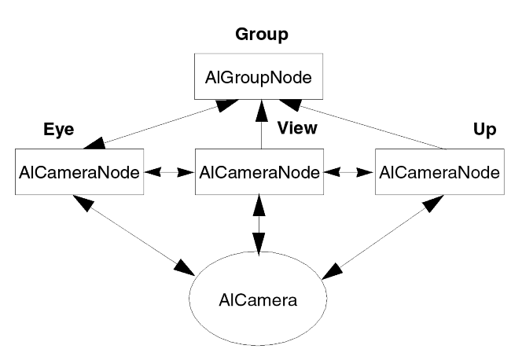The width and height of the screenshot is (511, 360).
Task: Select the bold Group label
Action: (262, 35)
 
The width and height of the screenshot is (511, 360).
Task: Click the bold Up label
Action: (486, 130)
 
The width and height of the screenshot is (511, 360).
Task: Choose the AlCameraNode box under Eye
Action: (79, 171)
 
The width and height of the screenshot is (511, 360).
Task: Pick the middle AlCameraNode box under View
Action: (259, 171)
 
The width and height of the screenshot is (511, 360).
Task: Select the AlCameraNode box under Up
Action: (439, 171)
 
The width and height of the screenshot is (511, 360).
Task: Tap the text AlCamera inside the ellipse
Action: (259, 299)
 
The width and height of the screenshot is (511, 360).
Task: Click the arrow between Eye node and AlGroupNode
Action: (161, 125)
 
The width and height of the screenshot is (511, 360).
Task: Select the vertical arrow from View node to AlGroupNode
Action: (259, 126)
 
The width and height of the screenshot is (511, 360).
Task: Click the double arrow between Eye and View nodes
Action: (170, 171)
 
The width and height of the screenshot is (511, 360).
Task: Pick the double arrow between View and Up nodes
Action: (349, 171)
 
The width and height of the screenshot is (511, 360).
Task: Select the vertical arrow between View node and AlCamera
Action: (259, 224)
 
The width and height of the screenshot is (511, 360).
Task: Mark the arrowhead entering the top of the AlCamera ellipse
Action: (259, 244)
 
